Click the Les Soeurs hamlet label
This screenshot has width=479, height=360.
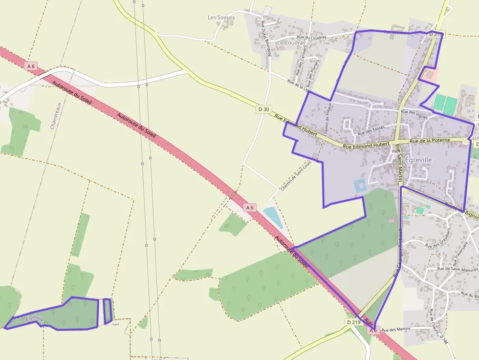221,18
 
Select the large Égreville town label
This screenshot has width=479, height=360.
418,160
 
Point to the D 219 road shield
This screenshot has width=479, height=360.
353,322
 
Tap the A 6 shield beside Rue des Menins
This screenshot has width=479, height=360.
373,331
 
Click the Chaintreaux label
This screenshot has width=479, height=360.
55,115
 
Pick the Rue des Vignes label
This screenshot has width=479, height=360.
414,114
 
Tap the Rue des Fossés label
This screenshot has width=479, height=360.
371,130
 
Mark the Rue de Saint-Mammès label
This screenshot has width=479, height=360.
457,269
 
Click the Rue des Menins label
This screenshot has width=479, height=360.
396,330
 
